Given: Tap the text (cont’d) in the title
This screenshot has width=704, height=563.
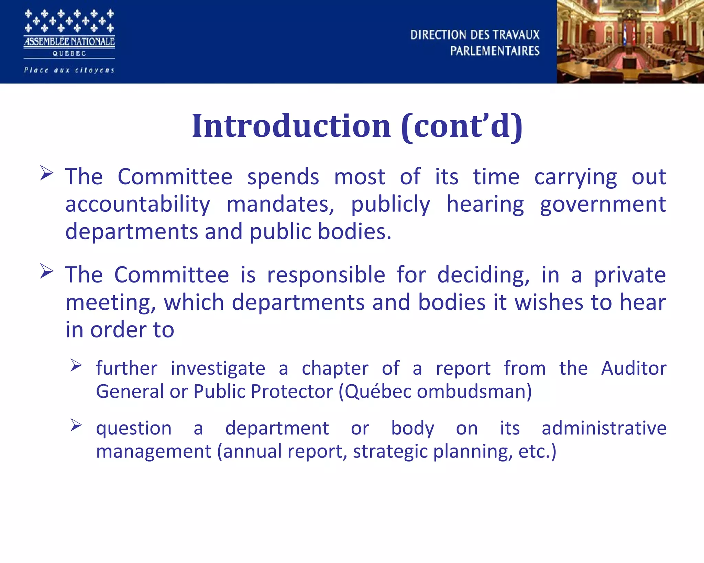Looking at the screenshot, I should [x=462, y=126].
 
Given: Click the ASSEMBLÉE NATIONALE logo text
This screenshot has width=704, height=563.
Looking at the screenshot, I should [x=69, y=42].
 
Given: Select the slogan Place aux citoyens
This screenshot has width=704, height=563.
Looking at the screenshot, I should [x=69, y=70].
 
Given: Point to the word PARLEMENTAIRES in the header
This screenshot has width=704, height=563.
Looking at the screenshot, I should [x=495, y=51].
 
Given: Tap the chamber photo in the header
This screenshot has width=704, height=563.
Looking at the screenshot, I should [x=630, y=42].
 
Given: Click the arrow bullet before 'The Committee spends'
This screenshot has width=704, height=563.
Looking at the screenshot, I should [x=46, y=173].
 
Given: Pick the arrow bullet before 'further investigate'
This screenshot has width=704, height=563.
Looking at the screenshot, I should [x=76, y=365].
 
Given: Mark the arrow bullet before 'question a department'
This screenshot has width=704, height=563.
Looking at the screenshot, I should [x=76, y=425].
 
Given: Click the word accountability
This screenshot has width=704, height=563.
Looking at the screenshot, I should [x=137, y=204].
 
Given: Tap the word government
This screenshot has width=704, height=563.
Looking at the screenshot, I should [x=603, y=204].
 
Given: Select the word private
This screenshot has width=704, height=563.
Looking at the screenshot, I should [x=630, y=275].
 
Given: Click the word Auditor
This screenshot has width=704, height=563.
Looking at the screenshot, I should [x=634, y=368].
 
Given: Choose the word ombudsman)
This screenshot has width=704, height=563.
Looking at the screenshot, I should [x=474, y=391].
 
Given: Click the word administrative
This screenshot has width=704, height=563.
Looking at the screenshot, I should [x=604, y=428].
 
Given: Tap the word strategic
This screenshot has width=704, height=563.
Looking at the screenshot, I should [x=390, y=451].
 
